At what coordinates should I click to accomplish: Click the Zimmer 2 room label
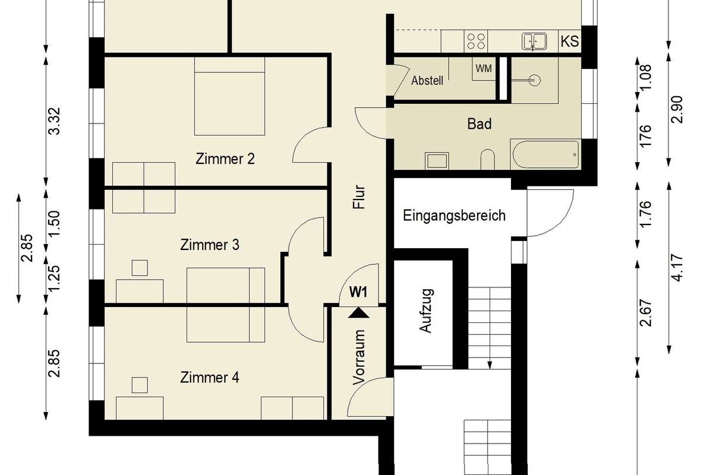[x=225, y=159]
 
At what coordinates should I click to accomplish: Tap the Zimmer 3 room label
[x=209, y=245]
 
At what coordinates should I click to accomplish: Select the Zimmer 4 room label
[x=209, y=377]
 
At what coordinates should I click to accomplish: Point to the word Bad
[x=479, y=123]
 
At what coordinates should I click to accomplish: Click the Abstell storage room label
[x=427, y=81]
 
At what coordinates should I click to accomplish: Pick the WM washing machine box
[x=484, y=69]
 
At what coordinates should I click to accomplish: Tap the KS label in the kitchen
[x=570, y=42]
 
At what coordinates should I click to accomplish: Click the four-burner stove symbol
[x=476, y=42]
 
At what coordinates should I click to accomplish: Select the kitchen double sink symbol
[x=534, y=42]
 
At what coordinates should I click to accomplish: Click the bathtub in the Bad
[x=545, y=154]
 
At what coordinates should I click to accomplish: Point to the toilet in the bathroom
[x=487, y=159]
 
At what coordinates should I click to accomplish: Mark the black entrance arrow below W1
[x=359, y=312]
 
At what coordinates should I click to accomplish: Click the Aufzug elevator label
[x=426, y=311]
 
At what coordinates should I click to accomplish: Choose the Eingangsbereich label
[x=454, y=216]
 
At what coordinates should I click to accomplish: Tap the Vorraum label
[x=359, y=357]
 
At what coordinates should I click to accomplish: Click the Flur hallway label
[x=359, y=197]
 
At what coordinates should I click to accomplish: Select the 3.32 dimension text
[x=54, y=121]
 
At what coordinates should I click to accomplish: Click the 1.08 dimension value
[x=645, y=78]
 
